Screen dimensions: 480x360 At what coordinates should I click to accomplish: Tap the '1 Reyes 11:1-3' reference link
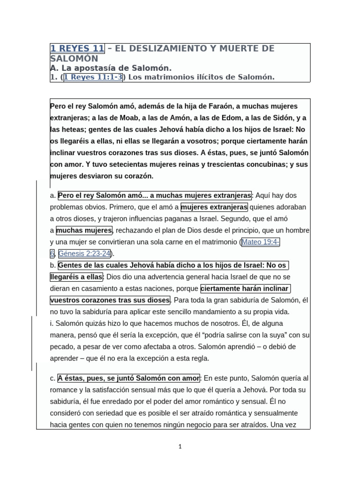click(x=93, y=77)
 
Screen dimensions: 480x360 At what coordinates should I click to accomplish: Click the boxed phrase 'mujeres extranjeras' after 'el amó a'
click(x=214, y=207)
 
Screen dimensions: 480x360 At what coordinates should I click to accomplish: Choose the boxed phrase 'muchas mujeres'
click(x=84, y=230)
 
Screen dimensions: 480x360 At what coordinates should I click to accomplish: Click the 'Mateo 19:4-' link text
click(x=261, y=242)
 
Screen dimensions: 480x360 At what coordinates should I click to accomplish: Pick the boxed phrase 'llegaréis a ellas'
click(x=76, y=277)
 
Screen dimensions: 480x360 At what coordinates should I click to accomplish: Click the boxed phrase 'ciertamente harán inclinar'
click(x=245, y=288)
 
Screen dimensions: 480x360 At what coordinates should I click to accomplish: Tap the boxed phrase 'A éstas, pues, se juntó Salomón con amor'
click(x=128, y=378)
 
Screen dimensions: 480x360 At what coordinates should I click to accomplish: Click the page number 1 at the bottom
click(x=180, y=447)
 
